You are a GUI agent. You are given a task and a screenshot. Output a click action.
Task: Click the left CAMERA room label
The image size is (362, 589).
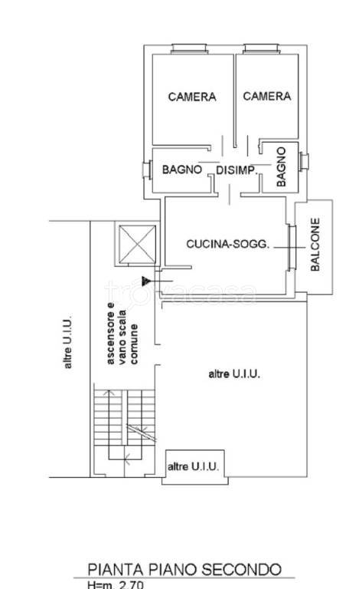tap(192, 97)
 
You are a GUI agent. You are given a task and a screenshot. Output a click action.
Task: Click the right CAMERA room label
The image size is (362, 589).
tap(267, 96)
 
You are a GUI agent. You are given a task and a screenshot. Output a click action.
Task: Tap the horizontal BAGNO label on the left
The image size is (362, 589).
tap(181, 169)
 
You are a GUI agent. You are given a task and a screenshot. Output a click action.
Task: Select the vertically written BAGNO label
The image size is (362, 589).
tap(281, 166)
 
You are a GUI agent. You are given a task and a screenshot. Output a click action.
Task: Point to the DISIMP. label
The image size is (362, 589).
tap(236, 170)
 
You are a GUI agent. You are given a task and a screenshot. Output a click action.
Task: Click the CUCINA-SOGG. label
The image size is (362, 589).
tap(228, 244)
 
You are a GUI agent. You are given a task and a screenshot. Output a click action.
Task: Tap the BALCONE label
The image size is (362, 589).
tap(315, 245)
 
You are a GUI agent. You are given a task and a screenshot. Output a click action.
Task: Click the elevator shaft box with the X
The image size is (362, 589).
tap(137, 244)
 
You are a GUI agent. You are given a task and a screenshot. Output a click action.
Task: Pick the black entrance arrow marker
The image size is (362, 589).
tap(146, 281)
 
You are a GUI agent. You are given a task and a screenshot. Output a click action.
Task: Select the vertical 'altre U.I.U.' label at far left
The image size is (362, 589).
tap(67, 343)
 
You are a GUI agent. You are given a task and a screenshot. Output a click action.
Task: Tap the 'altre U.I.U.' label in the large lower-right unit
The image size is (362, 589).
tap(234, 373)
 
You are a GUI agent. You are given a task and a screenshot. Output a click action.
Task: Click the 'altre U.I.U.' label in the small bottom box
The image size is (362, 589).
tap(193, 466)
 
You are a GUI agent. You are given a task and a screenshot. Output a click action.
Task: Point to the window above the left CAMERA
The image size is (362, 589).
tap(189, 49)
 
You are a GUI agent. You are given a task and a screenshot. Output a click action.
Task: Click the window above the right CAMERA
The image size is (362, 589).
tap(261, 49)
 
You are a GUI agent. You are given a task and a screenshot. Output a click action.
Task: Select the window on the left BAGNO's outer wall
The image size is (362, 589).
tap(147, 170)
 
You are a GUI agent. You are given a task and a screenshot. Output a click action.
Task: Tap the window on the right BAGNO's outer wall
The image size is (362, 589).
tap(304, 162)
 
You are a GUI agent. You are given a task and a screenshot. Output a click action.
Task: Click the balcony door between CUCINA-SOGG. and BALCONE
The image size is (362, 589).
tap(292, 248)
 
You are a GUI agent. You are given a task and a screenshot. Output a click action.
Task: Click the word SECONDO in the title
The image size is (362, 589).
tap(242, 570)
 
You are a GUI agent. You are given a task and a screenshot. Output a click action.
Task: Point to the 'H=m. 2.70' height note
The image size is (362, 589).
tap(115, 584)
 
